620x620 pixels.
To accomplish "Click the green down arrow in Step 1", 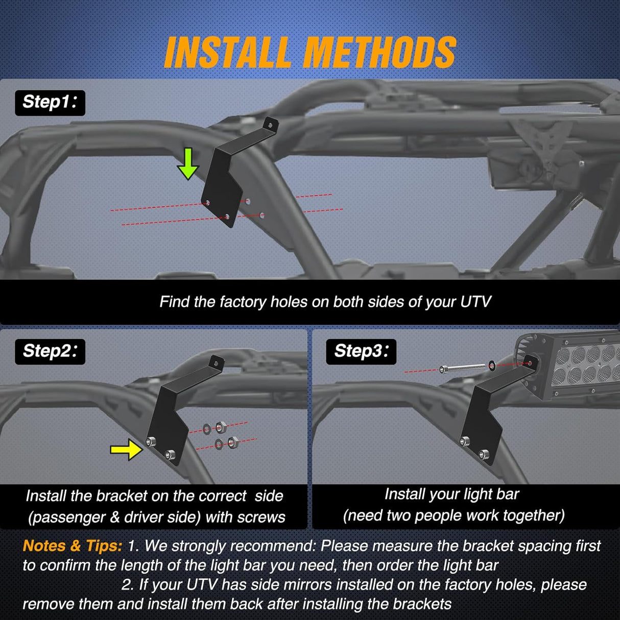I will [x=188, y=163].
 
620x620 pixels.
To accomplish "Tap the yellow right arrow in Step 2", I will [x=126, y=449].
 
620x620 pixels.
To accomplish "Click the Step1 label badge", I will [x=50, y=103].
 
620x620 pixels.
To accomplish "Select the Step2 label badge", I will [x=50, y=351].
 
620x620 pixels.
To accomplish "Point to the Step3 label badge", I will [x=361, y=351].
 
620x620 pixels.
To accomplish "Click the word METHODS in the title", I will [x=380, y=53].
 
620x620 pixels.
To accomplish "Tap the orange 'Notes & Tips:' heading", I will [x=73, y=546].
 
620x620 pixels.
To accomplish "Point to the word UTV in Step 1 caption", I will [x=475, y=302].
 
